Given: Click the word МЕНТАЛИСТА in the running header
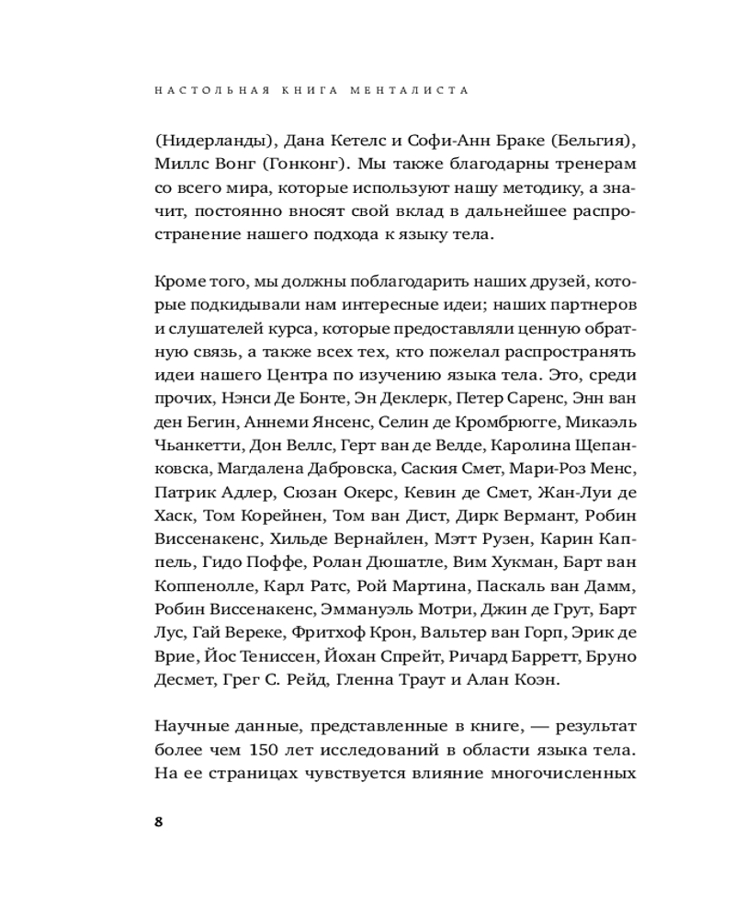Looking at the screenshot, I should (419, 91).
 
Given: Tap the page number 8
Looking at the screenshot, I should (158, 821).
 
